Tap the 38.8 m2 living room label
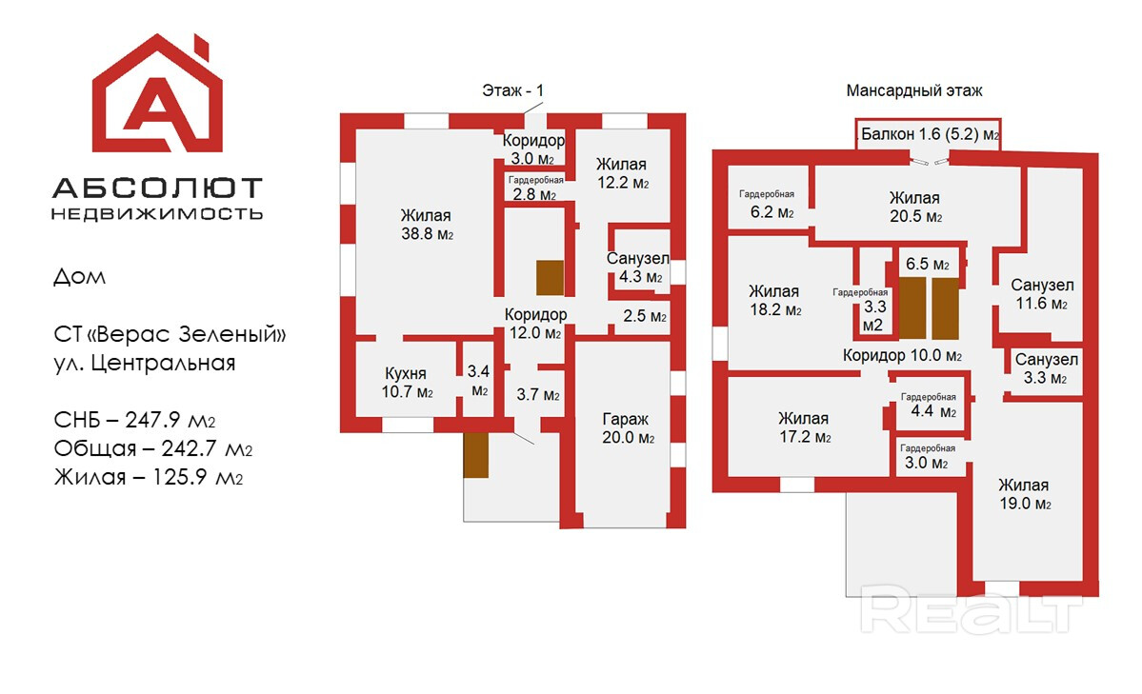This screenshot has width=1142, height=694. (x=426, y=225)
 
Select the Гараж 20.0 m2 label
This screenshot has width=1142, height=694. (x=626, y=428)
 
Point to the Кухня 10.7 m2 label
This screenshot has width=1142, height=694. (x=406, y=383)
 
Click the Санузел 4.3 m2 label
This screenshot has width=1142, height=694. (x=638, y=268)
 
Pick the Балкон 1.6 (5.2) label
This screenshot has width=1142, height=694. (x=930, y=135)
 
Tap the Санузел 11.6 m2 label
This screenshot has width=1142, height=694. (x=1042, y=295)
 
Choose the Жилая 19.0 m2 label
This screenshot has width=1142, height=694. (x=1024, y=494)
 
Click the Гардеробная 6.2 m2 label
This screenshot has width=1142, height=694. (x=767, y=204)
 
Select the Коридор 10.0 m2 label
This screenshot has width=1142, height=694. (x=902, y=356)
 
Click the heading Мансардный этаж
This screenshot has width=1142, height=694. (x=913, y=91)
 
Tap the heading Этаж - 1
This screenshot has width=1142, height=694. (x=513, y=91)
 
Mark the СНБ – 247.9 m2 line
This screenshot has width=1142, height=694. (x=149, y=420)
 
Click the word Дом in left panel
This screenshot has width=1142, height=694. (x=79, y=278)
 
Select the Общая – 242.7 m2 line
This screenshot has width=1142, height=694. (x=153, y=448)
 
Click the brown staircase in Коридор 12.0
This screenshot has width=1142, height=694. (x=550, y=278)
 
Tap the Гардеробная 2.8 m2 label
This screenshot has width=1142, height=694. (x=535, y=188)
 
